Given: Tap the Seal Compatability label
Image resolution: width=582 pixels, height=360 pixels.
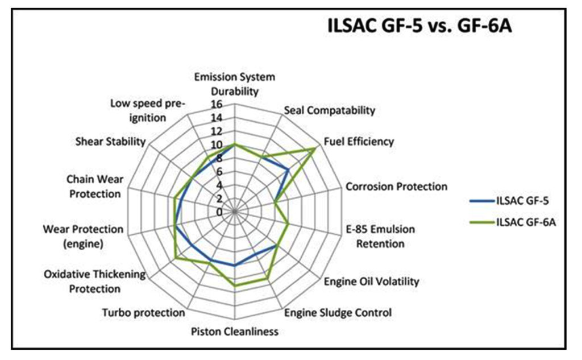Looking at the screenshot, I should pyautogui.click(x=329, y=110).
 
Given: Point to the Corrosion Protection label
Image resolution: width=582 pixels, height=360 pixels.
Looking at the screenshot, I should pyautogui.click(x=396, y=187).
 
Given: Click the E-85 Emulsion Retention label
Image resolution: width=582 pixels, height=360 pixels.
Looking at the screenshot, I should pyautogui.click(x=380, y=237).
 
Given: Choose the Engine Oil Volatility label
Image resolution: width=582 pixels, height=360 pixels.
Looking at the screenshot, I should pyautogui.click(x=371, y=281).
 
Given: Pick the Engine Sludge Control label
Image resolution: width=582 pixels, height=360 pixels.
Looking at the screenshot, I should pyautogui.click(x=338, y=312).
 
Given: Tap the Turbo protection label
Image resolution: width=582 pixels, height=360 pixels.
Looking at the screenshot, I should pyautogui.click(x=143, y=312).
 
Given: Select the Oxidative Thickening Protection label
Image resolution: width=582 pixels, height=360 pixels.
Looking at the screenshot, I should pyautogui.click(x=94, y=282).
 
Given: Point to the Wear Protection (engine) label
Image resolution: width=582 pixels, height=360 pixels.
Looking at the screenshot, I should pyautogui.click(x=83, y=237).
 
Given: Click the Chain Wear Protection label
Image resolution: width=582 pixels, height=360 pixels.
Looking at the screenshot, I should pyautogui.click(x=95, y=187).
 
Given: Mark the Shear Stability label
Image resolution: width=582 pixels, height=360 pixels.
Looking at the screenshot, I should pyautogui.click(x=110, y=142).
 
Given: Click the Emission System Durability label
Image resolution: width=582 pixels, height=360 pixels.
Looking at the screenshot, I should pyautogui.click(x=235, y=84).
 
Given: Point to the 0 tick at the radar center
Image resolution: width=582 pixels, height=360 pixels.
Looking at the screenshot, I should pyautogui.click(x=218, y=212).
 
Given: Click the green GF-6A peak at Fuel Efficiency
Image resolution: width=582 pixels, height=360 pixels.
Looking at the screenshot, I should pyautogui.click(x=315, y=148).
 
